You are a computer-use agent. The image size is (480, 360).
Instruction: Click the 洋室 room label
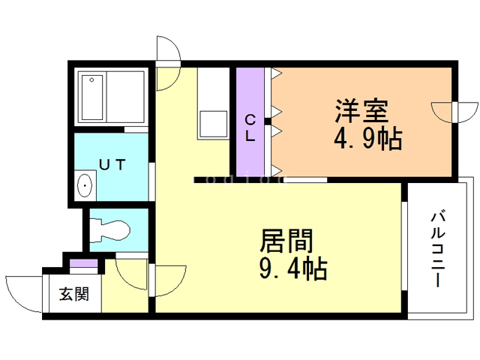click(361, 110)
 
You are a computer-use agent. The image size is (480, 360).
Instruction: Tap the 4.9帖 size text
click(367, 139)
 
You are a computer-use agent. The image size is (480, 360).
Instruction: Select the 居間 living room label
click(286, 241)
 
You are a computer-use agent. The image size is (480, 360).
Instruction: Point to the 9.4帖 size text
click(293, 268)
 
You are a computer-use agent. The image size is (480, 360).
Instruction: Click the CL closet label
click(250, 128)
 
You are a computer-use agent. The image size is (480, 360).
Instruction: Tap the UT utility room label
click(112, 165)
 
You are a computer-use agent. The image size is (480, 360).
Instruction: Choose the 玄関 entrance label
click(74, 294)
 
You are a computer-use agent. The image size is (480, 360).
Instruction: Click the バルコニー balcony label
click(438, 249)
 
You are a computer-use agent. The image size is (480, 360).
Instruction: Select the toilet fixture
click(110, 230)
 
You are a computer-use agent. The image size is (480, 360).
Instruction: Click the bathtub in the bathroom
click(91, 97)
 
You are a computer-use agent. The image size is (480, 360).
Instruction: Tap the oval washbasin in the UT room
click(85, 185)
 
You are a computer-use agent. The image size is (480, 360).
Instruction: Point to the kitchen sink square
click(213, 124)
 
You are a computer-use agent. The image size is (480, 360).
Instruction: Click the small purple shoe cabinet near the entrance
click(83, 263)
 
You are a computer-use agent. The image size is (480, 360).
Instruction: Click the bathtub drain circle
click(91, 80)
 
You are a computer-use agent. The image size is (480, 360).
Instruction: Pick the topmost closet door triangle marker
click(277, 73)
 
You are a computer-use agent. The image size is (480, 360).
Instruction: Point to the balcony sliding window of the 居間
click(404, 246)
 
